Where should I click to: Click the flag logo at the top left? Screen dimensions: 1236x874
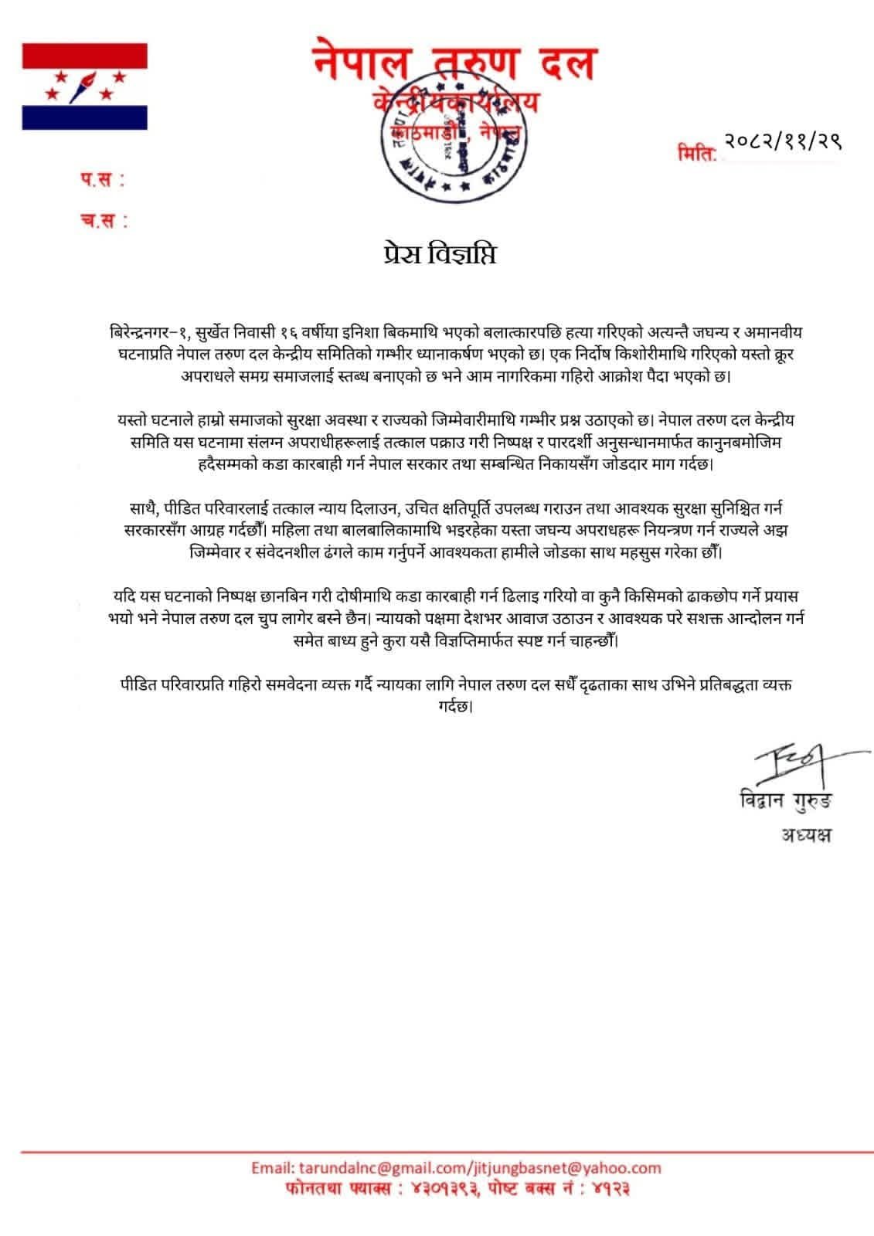click(84, 86)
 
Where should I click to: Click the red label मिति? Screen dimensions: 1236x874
click(697, 152)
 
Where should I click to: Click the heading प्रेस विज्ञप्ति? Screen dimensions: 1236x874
click(437, 254)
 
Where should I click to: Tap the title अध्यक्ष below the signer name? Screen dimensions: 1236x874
click(804, 836)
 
